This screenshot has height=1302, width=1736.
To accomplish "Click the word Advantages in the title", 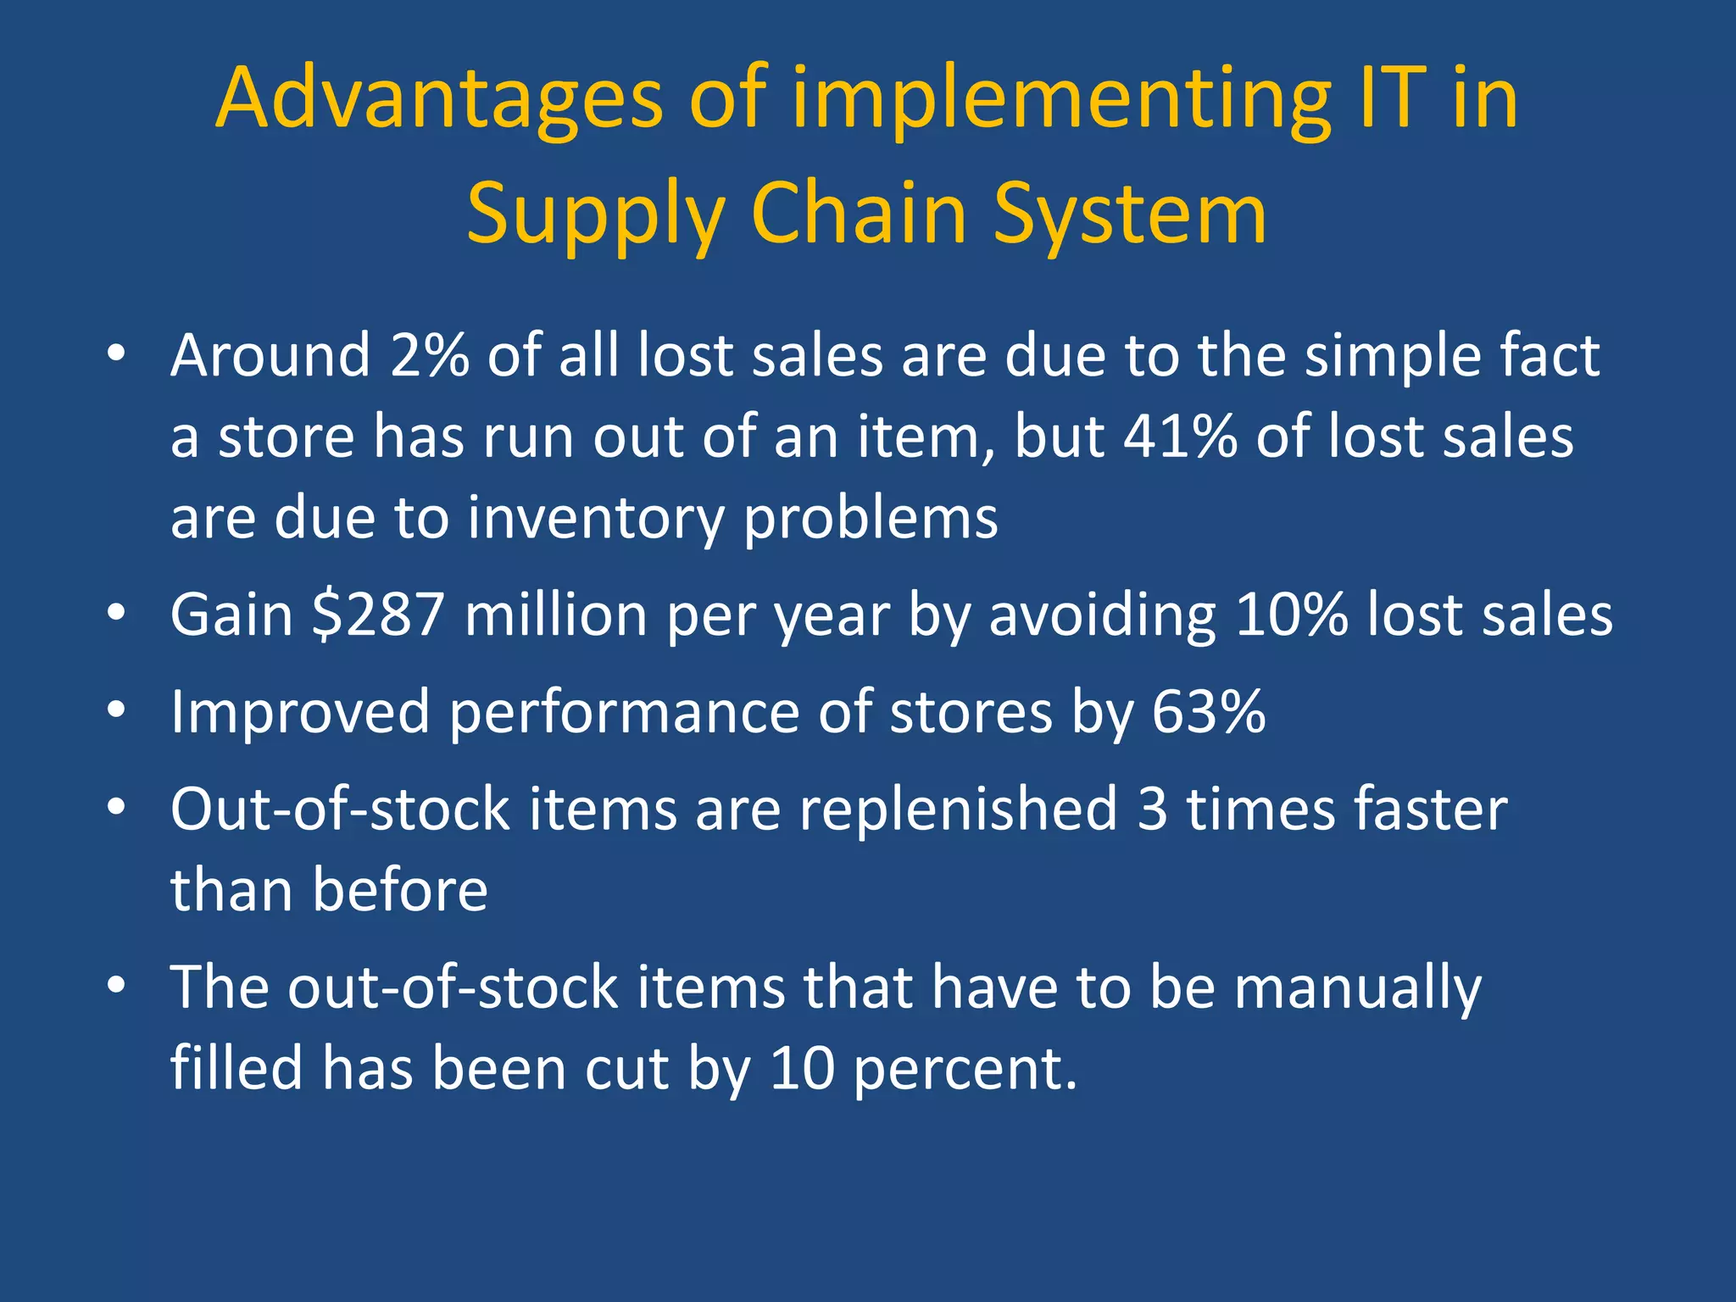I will (x=438, y=100).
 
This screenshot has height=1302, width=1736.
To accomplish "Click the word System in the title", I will (x=1129, y=215).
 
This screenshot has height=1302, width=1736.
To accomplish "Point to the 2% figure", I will (x=429, y=355).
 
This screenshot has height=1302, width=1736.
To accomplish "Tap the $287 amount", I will (x=378, y=615).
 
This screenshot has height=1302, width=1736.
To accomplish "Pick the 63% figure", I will (x=1209, y=712).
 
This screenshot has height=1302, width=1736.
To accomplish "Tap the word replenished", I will (x=959, y=810).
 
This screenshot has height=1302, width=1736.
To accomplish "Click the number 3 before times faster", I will (x=1153, y=810).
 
